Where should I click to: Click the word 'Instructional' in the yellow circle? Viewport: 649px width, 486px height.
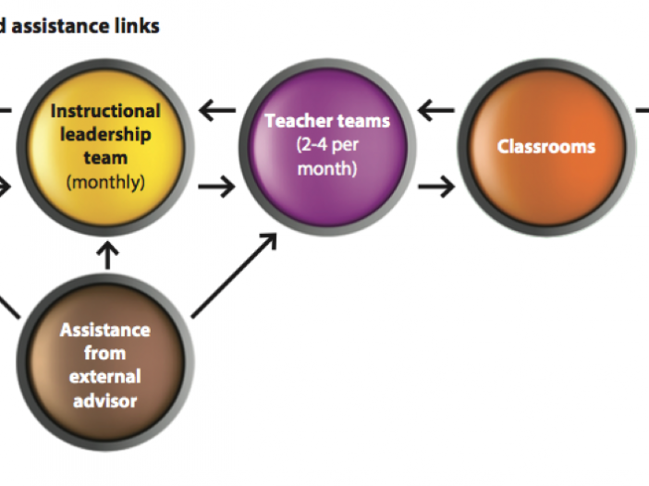[x=105, y=111]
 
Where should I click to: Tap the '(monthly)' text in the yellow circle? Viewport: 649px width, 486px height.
[x=105, y=182]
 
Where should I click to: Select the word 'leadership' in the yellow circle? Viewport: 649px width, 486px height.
[x=105, y=135]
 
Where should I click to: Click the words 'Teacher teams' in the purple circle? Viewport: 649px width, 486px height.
[x=327, y=121]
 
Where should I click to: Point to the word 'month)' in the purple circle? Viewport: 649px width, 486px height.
[x=327, y=169]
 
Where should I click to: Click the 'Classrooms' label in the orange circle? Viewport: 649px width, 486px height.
[x=546, y=147]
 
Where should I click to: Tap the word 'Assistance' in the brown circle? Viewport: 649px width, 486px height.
[x=105, y=330]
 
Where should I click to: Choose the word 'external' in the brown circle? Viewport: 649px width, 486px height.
[x=105, y=377]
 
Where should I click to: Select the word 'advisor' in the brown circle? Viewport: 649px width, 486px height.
[x=105, y=401]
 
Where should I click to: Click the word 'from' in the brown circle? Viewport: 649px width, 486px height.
[x=105, y=353]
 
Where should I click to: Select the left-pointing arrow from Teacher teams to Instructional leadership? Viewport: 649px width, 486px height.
[x=217, y=110]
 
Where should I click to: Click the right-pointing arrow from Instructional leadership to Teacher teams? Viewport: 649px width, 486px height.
[x=217, y=187]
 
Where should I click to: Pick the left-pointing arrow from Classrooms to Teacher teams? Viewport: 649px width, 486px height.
[x=436, y=110]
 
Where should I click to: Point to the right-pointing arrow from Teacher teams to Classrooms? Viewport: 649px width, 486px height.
[x=436, y=187]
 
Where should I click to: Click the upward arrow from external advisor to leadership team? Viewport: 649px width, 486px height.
[x=107, y=256]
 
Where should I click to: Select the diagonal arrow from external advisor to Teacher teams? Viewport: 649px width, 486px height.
[x=234, y=276]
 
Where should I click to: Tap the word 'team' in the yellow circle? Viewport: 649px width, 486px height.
[x=105, y=158]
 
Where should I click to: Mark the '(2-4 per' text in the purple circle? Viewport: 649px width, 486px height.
[x=327, y=145]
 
